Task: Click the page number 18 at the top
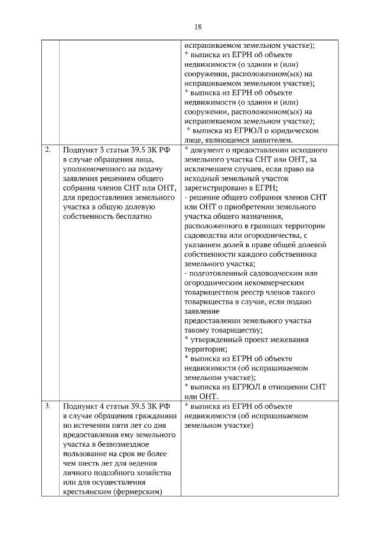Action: (198, 27)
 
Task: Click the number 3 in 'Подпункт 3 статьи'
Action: (102, 150)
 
